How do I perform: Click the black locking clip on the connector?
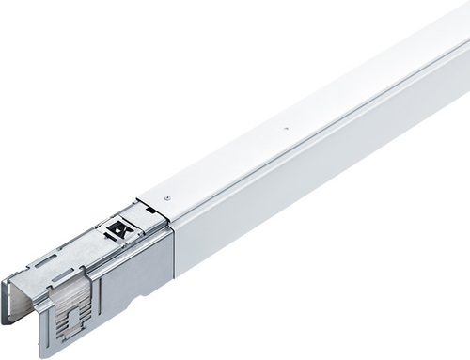click(x=119, y=227)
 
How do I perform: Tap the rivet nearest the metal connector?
click(x=166, y=197)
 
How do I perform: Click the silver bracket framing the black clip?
click(x=132, y=222)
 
